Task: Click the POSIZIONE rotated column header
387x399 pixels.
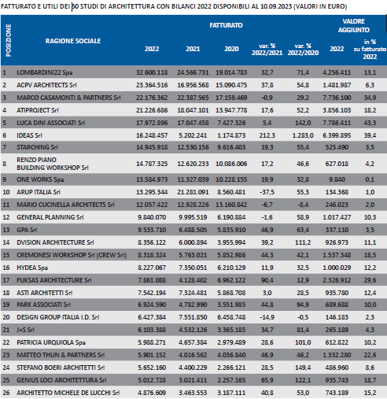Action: [9, 40]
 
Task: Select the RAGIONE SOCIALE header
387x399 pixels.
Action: [73, 41]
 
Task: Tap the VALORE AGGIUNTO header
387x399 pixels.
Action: [353, 26]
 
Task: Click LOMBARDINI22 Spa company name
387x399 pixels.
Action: [45, 72]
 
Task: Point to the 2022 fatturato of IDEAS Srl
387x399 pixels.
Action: [152, 135]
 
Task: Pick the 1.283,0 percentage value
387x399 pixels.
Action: [303, 135]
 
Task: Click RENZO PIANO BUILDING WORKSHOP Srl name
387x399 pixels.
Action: [53, 164]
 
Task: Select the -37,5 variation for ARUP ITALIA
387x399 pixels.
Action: [267, 192]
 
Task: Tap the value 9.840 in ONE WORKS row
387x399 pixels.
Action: [337, 179]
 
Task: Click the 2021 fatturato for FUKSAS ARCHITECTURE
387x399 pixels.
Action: [193, 280]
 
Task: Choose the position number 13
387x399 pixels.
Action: [6, 230]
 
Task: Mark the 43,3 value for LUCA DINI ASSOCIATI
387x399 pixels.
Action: [370, 123]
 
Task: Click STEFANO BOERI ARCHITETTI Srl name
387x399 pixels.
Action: [61, 368]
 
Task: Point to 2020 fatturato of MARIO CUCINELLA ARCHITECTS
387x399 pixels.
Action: [231, 205]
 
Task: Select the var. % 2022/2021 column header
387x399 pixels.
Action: [267, 50]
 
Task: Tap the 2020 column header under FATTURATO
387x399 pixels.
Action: [231, 49]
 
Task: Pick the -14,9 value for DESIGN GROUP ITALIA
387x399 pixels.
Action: [267, 317]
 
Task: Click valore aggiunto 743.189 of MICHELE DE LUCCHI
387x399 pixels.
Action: [337, 393]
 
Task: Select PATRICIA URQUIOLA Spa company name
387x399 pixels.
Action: [51, 342]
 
